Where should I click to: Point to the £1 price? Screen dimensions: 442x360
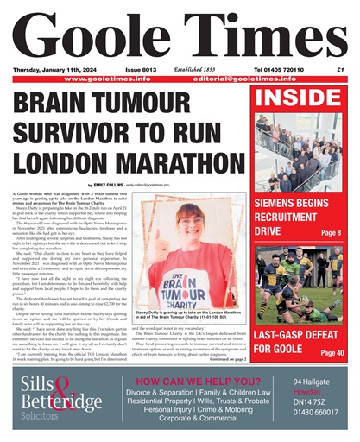click(339, 69)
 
